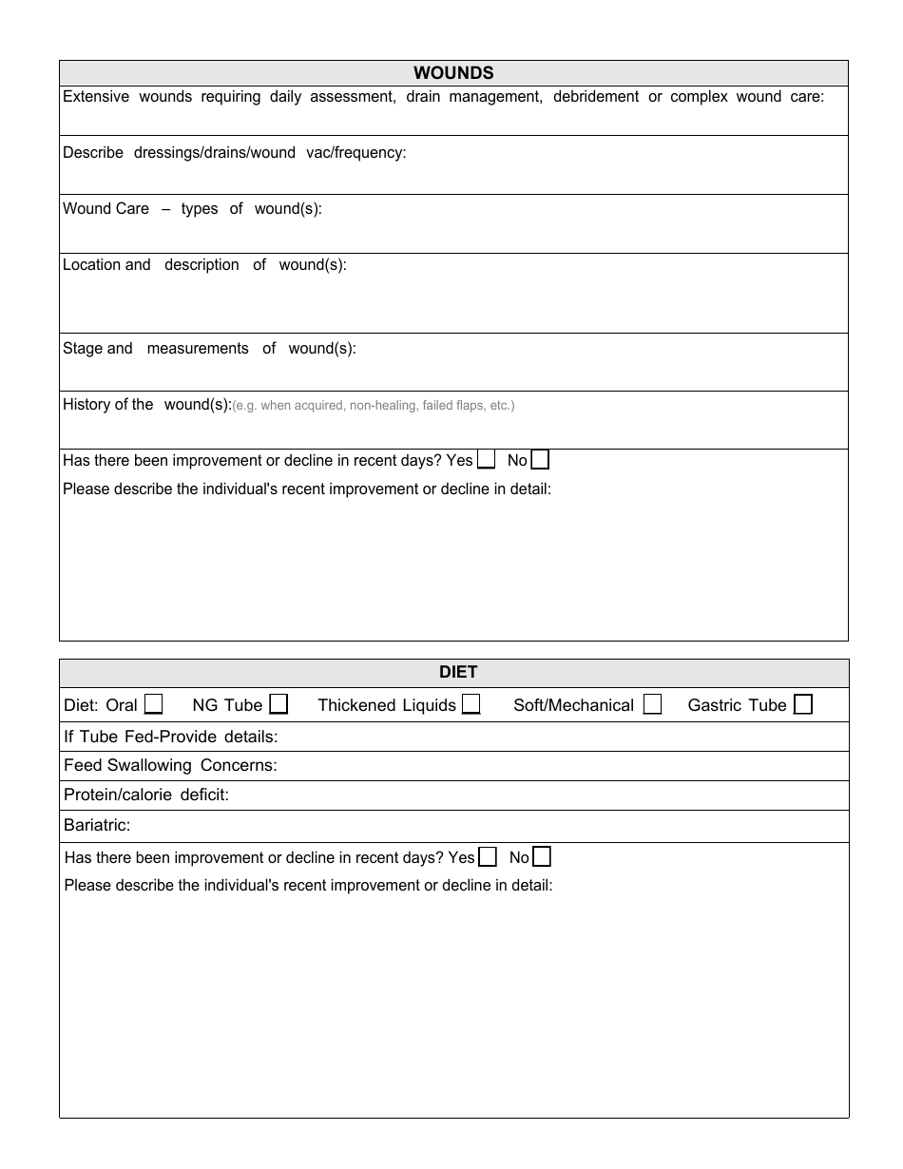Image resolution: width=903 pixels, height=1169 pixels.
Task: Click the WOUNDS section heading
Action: coord(453,73)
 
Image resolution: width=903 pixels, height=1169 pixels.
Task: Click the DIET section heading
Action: coord(458,672)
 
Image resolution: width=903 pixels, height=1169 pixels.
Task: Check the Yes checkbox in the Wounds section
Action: coord(486,460)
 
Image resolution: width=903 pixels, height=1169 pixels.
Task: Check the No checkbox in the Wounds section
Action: coord(540,460)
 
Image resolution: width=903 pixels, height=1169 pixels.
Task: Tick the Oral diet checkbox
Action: coord(153,704)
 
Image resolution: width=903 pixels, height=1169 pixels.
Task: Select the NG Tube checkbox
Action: coord(279,704)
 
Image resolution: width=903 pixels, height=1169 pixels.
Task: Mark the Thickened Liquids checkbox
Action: coord(471,704)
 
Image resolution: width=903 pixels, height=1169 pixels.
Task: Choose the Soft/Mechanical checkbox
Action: coord(652,704)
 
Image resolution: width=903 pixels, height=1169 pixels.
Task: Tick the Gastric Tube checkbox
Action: coord(803,704)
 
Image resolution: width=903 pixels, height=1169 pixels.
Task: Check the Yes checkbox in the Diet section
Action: coord(488,857)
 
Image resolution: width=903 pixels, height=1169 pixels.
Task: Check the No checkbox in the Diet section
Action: coord(542,857)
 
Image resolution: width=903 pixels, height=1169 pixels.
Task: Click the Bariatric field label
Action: coord(97,825)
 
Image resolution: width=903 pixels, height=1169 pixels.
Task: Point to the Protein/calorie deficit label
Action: coord(146,795)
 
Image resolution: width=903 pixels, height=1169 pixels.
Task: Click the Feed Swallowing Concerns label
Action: coord(170,765)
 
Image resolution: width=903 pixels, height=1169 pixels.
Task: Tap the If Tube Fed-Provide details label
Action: coord(170,737)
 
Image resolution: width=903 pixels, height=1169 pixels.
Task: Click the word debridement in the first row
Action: coord(596,97)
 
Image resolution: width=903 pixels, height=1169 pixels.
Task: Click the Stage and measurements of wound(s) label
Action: coord(209,349)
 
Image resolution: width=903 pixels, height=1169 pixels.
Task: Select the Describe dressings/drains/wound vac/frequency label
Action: coord(234,153)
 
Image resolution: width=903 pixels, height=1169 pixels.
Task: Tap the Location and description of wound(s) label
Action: coord(204,265)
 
